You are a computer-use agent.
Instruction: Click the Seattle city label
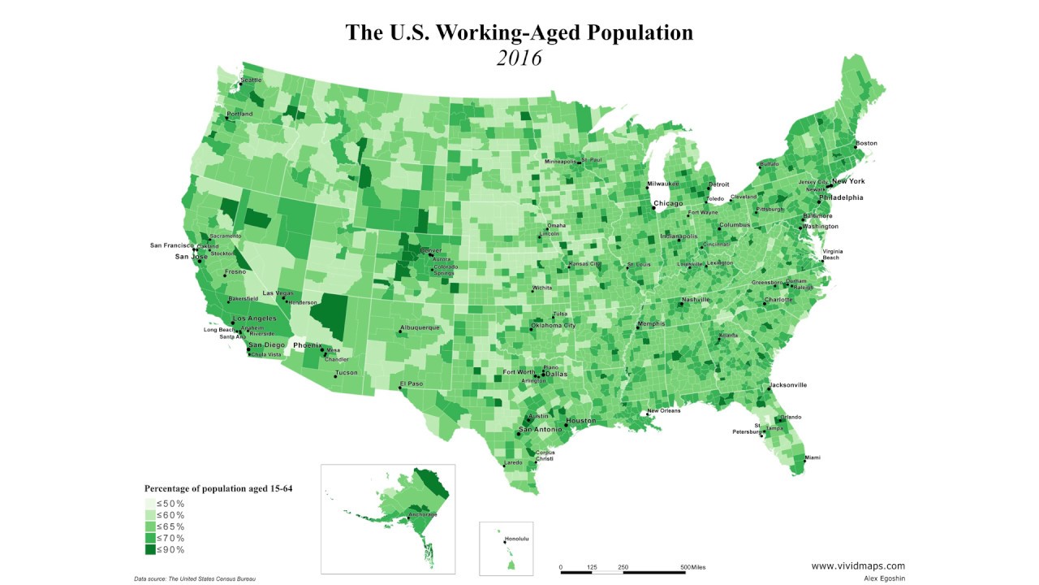252,80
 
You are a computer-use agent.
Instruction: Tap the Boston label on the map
867,143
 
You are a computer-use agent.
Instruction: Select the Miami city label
812,458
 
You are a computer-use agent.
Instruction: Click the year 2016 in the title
519,58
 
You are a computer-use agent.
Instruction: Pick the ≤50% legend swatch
150,504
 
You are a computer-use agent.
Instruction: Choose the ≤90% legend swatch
150,550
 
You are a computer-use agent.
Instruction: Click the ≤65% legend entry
170,526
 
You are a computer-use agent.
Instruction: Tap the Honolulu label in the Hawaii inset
516,539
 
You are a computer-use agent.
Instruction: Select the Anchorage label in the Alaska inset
423,514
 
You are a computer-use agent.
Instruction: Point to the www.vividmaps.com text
858,566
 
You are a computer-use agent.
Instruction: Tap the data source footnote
200,578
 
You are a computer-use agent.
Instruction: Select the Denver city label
431,249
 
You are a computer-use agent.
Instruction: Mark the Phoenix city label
308,345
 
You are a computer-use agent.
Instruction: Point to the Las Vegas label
278,292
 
